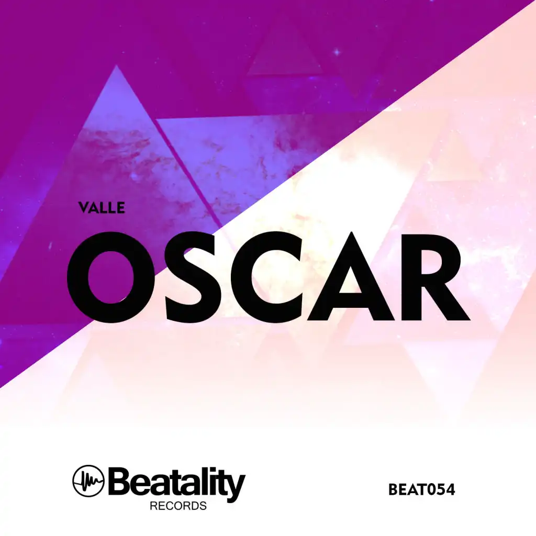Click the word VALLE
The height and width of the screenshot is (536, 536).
coord(101,207)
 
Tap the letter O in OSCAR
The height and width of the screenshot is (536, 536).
coord(111,276)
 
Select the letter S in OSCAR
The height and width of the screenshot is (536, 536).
coord(192,276)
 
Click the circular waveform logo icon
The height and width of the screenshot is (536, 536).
coord(88,481)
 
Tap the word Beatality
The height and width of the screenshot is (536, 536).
coord(177,482)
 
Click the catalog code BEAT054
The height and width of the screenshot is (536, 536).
coord(421,489)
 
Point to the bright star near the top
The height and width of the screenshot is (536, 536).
coord(337,52)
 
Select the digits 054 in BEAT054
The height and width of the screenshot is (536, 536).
coord(441,489)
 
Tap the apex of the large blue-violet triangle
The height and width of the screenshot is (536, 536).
coord(116,65)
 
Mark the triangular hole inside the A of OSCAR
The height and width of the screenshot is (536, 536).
coord(351,280)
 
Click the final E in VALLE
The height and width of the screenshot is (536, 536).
coord(120,207)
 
